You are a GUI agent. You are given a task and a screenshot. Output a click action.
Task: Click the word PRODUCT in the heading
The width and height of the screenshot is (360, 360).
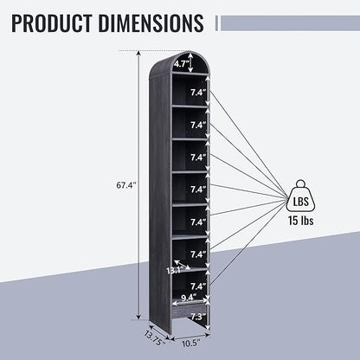click(x=52, y=22)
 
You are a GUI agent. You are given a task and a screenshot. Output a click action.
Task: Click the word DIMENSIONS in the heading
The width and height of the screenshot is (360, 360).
click(x=151, y=22)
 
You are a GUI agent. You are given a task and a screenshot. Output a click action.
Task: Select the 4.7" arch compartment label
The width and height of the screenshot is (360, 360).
click(x=181, y=64)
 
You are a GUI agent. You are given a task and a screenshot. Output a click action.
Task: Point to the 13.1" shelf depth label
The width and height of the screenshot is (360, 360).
click(x=173, y=271)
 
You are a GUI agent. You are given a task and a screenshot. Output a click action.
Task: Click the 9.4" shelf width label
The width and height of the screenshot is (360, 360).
click(x=189, y=297)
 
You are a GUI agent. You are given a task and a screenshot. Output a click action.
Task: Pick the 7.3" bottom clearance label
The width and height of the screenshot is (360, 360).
click(x=198, y=317)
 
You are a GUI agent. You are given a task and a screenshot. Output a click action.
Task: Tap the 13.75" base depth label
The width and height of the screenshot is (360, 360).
click(x=155, y=338)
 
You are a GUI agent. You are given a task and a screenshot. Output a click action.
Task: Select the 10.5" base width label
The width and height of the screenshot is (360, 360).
click(x=191, y=344)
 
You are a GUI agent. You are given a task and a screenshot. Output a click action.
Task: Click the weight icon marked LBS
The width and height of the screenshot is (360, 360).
click(x=300, y=196)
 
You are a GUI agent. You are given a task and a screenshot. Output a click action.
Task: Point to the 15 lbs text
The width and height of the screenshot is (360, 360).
click(x=300, y=221)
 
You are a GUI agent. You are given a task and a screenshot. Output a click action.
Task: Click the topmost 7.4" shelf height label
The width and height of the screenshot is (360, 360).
click(x=198, y=93)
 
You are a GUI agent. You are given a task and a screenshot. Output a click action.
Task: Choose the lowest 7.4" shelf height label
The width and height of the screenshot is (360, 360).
click(x=198, y=286)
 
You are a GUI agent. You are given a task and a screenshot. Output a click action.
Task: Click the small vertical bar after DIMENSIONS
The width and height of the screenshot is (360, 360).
click(x=216, y=23)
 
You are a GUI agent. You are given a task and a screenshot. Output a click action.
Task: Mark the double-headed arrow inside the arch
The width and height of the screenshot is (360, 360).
click(x=190, y=62)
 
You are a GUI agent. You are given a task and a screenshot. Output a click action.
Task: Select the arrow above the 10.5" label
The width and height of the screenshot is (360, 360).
click(x=190, y=336)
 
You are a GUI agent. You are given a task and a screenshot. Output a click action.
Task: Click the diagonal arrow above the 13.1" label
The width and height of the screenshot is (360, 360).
click(x=182, y=265)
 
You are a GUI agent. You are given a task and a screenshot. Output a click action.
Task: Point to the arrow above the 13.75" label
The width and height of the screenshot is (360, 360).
click(x=159, y=329)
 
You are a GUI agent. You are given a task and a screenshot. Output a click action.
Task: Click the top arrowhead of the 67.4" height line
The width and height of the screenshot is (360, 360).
click(x=139, y=53)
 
